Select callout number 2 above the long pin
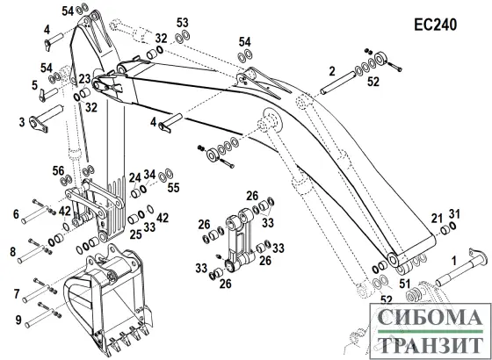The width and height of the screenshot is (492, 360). coord(333,69)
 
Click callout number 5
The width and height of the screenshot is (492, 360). coord(34,85)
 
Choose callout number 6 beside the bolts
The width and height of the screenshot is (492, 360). coord(15,213)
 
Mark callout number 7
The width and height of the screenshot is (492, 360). coord(15,292)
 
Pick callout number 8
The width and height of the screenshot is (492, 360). coord(13,252)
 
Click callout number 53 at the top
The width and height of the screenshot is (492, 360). coord(182,22)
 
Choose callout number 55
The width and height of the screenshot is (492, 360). coord(173,187)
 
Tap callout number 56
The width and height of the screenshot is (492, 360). coord(58,170)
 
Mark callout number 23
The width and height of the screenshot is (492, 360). coord(83,79)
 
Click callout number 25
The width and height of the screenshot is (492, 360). coord(134,235)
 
